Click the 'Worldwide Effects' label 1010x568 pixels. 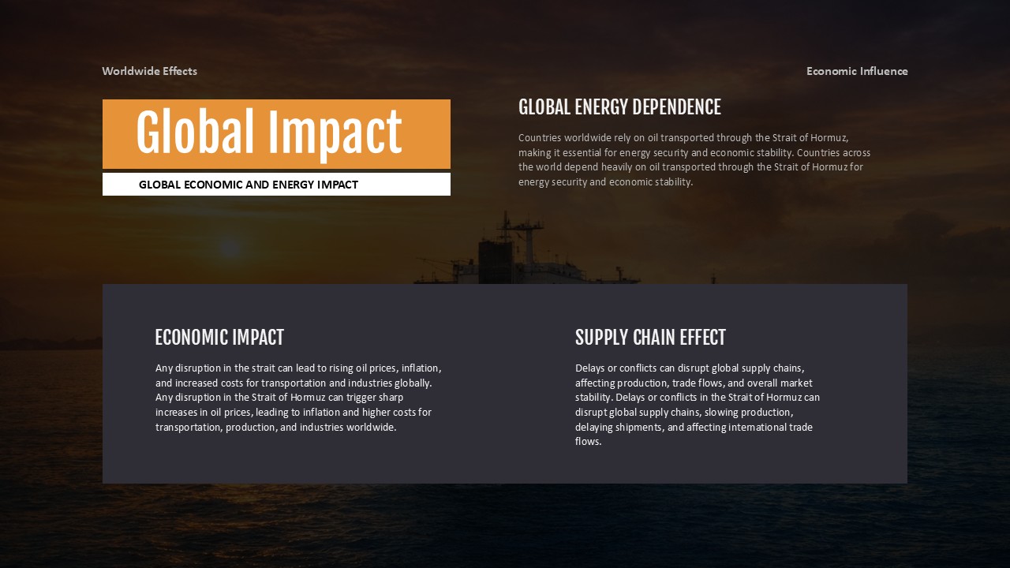point(149,71)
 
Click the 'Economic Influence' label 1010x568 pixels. point(857,71)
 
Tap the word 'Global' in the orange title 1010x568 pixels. point(196,133)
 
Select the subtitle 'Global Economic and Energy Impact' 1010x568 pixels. point(249,185)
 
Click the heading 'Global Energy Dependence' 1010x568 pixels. point(619,107)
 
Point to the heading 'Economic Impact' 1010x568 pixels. point(219,338)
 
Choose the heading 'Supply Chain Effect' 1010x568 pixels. point(650,338)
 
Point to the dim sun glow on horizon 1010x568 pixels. point(230,248)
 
